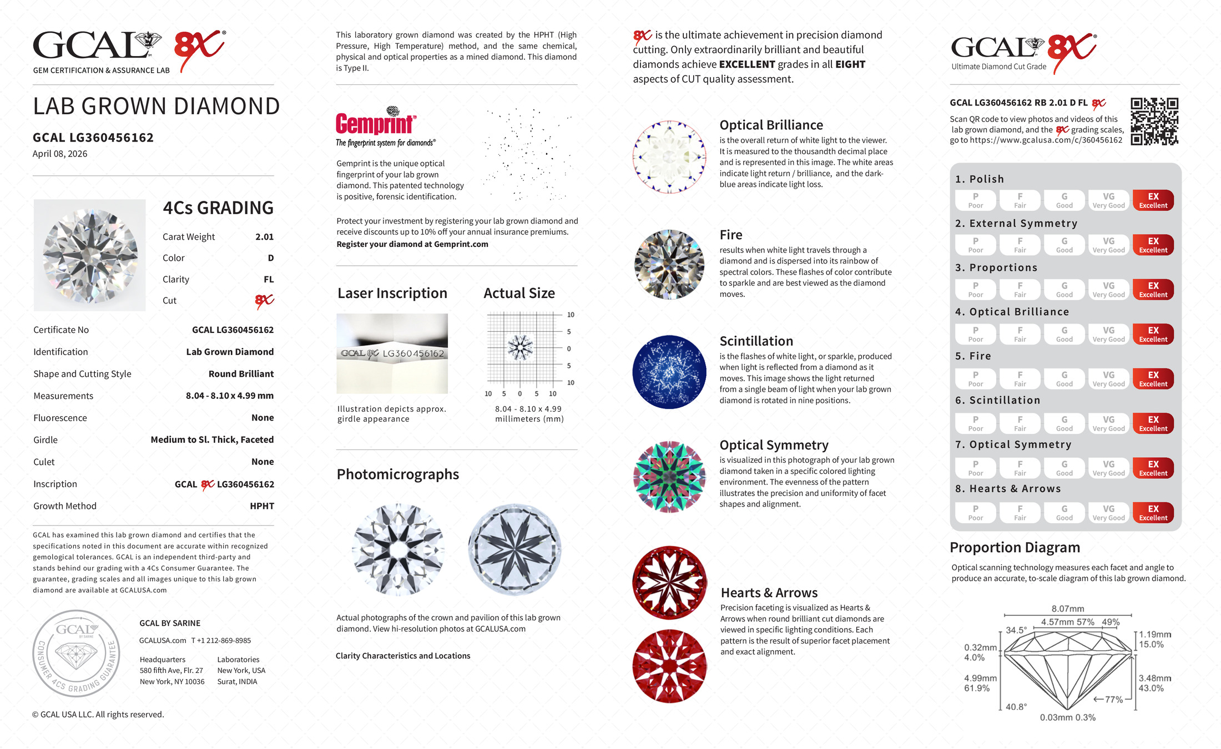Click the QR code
point(1154,122)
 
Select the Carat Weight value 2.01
point(264,237)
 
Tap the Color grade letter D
point(270,258)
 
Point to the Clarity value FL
point(269,280)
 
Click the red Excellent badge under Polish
point(1153,200)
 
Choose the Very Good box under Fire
point(1108,379)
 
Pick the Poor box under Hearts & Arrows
point(975,513)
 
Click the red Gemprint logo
point(376,123)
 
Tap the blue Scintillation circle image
point(669,372)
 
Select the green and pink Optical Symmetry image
point(669,477)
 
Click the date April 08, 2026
point(60,154)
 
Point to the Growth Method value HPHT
point(262,506)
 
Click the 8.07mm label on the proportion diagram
point(1067,609)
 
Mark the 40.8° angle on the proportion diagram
point(1016,707)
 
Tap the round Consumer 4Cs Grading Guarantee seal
point(76,653)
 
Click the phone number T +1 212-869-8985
point(221,640)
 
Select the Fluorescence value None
point(263,418)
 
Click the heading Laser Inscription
point(392,293)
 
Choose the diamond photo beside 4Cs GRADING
point(90,255)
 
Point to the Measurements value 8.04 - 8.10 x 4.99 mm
point(229,396)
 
